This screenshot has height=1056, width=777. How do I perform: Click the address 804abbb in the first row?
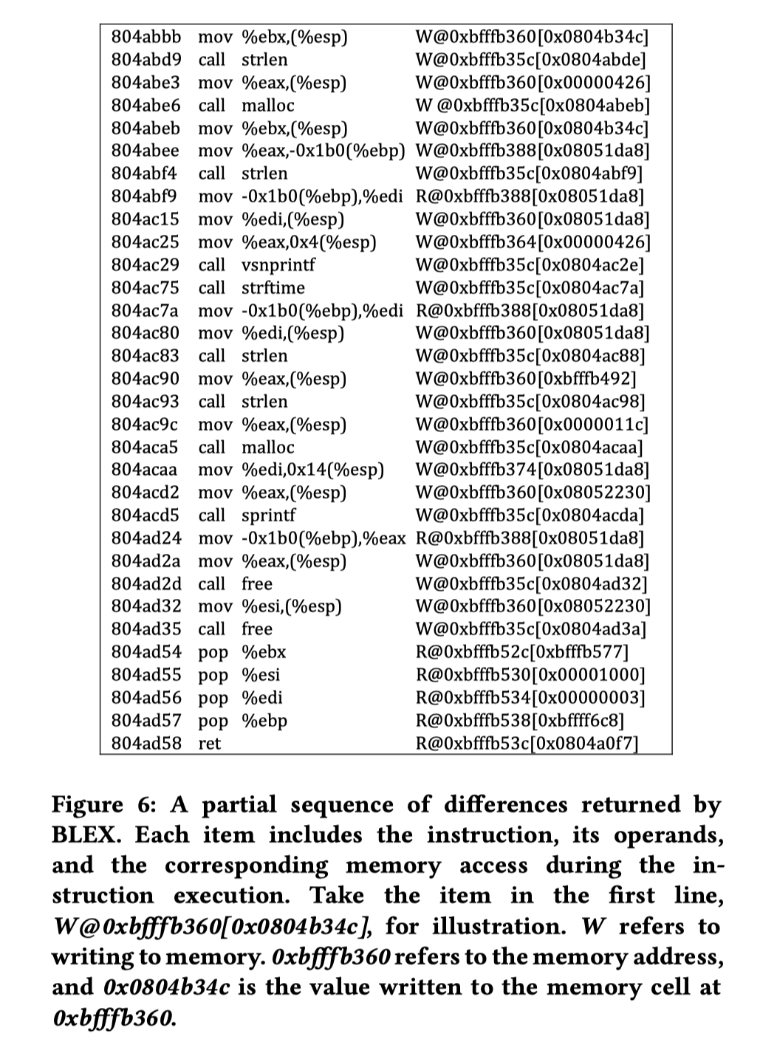point(146,36)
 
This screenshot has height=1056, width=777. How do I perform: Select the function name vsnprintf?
point(278,264)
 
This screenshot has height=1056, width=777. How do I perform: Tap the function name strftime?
point(273,287)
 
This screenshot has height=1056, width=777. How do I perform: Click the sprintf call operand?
point(268,515)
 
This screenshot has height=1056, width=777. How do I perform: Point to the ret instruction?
point(210,743)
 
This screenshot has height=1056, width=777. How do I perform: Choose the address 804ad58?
point(146,743)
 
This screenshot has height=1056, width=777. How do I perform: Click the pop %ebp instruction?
point(243,720)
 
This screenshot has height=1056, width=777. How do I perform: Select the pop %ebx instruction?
point(242,652)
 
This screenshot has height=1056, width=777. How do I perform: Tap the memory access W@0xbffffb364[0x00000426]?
point(533,241)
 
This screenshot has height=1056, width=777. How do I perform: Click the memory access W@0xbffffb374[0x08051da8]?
point(533,469)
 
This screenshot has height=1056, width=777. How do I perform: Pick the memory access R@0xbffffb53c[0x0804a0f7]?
point(527,743)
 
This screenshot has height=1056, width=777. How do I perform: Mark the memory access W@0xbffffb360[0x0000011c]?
point(532,424)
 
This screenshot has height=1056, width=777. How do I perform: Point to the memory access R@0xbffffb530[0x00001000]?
point(530,675)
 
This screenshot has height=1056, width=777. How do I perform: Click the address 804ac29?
point(146,264)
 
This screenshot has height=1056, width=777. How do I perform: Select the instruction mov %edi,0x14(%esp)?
point(292,469)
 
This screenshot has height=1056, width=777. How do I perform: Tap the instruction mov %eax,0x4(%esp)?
point(287,241)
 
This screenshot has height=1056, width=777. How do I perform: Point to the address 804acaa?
point(146,469)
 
